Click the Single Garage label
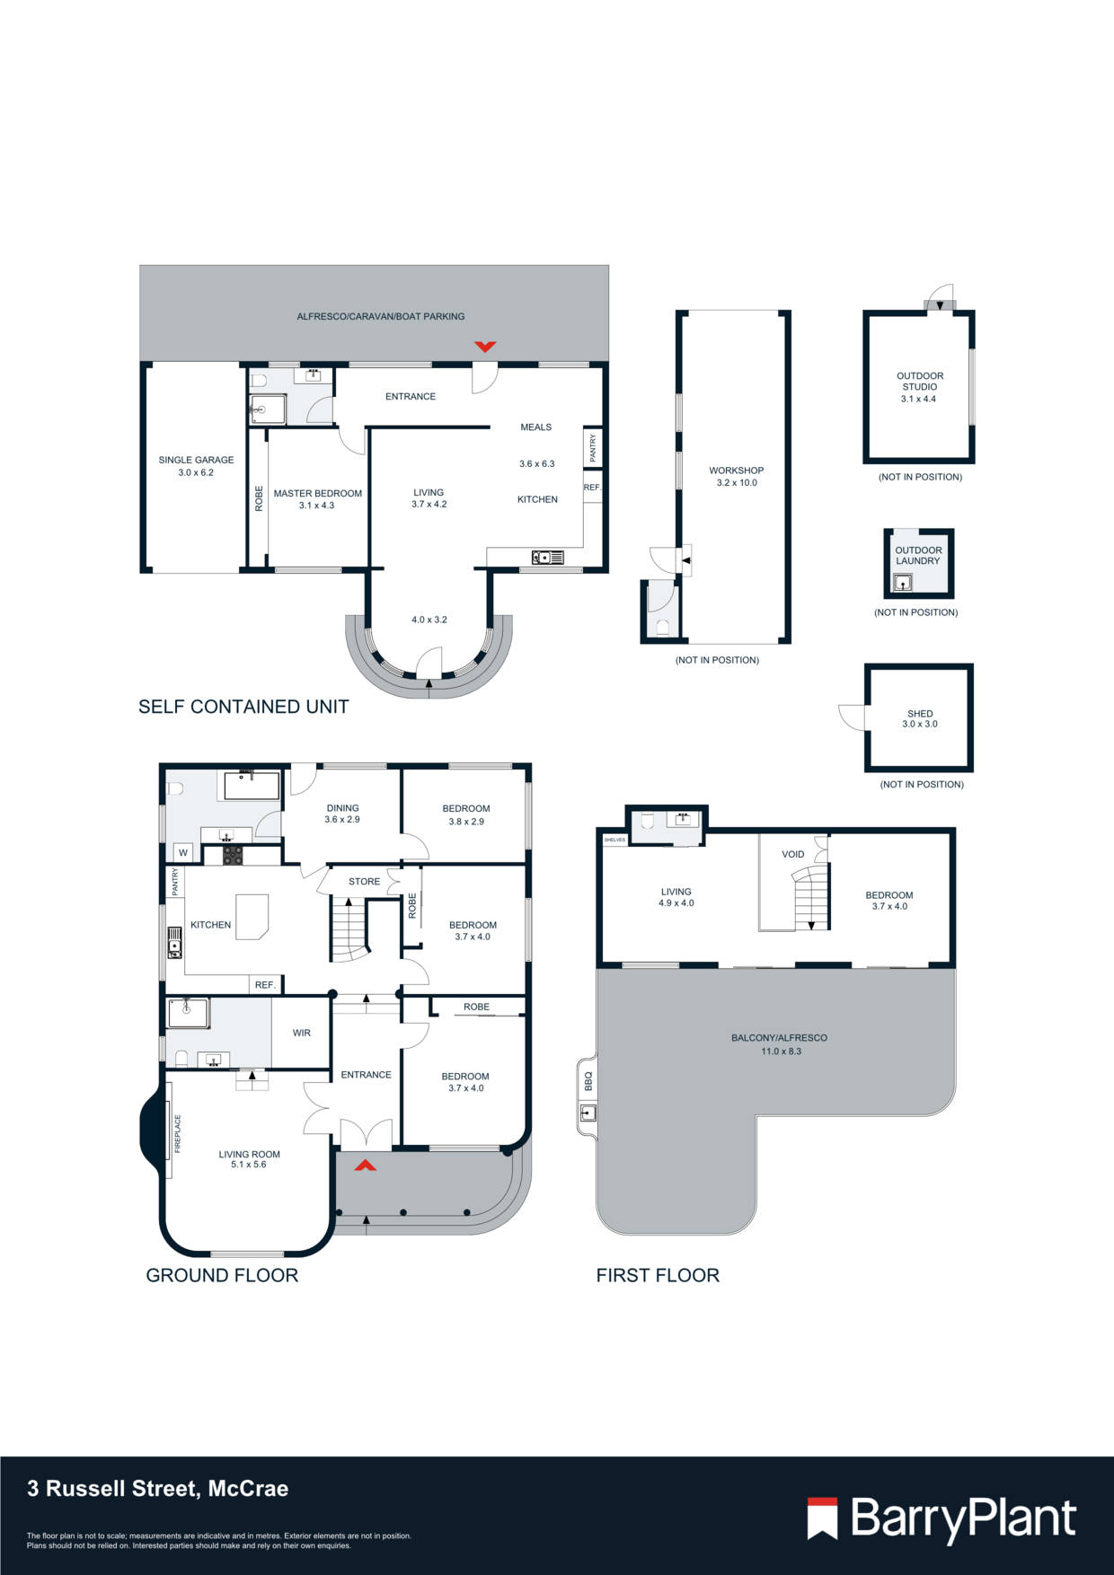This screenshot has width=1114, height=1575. (x=196, y=465)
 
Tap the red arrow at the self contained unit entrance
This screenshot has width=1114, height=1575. (x=485, y=347)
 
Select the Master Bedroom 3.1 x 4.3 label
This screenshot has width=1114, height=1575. (x=317, y=499)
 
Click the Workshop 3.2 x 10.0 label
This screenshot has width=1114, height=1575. (x=736, y=476)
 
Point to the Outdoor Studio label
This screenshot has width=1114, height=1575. (x=919, y=387)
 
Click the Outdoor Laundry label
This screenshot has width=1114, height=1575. (x=918, y=555)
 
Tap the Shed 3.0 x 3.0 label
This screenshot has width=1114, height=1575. (x=919, y=718)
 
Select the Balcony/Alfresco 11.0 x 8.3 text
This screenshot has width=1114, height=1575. (x=779, y=1043)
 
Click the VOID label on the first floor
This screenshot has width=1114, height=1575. (x=792, y=854)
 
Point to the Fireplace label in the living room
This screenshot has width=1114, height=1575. (x=178, y=1133)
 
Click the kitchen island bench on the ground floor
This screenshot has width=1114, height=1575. (x=252, y=916)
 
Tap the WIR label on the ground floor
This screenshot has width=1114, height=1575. (x=301, y=1033)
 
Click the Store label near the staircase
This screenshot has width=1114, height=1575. (x=364, y=882)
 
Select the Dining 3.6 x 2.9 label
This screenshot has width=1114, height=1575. (x=342, y=814)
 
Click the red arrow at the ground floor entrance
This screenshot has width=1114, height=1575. (x=365, y=1166)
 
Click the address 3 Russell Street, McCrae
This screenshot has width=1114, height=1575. (x=158, y=1489)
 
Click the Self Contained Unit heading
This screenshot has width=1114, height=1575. (x=243, y=707)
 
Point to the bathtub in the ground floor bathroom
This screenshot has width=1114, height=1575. (x=252, y=786)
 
